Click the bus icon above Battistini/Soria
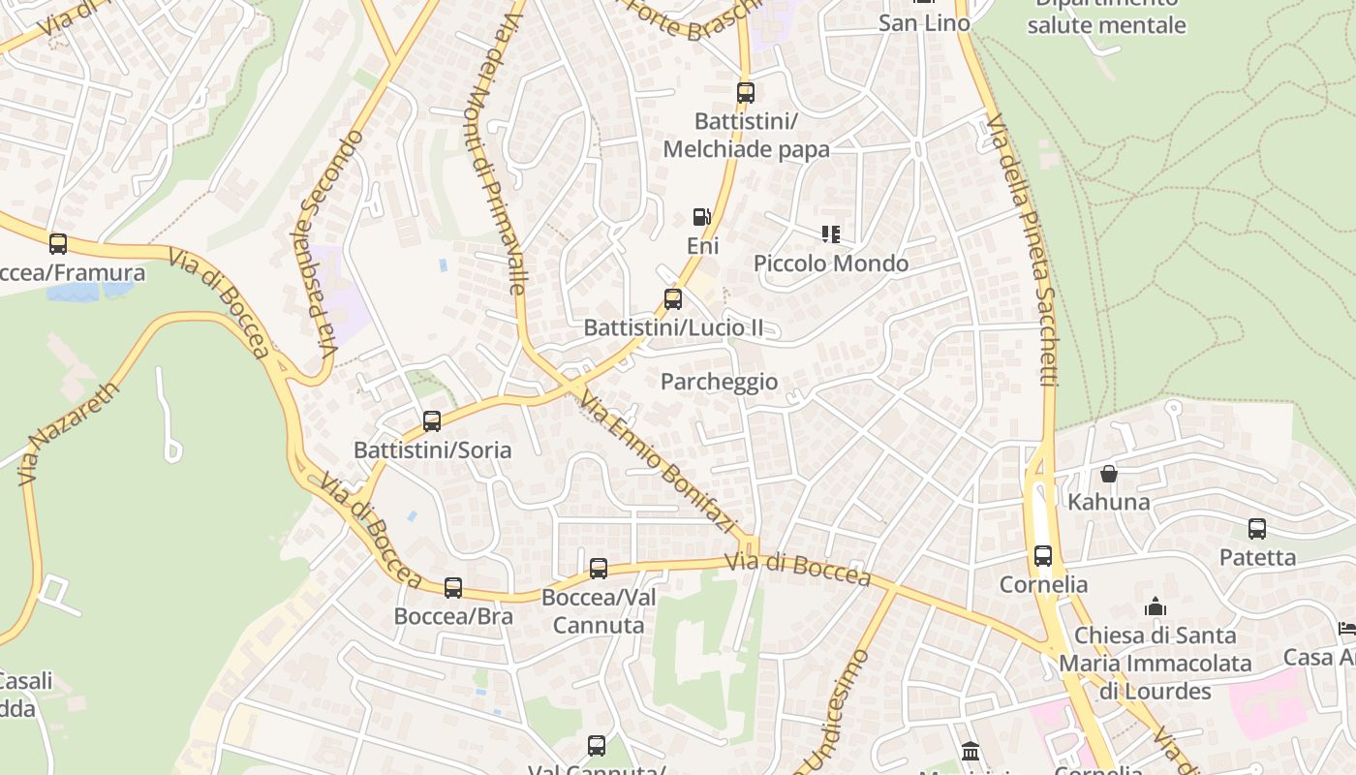click(x=432, y=421)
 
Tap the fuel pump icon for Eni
click(x=701, y=217)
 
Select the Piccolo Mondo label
click(x=831, y=263)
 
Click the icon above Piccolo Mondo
click(x=830, y=234)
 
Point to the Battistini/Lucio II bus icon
click(x=673, y=298)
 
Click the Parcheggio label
click(x=719, y=382)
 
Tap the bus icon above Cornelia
click(x=1043, y=556)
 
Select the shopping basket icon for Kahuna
click(x=1109, y=474)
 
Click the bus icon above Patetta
click(x=1257, y=529)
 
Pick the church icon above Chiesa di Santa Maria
click(x=1155, y=607)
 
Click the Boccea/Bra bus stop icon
click(x=453, y=588)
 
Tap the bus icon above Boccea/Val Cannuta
click(x=599, y=569)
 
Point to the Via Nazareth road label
click(x=68, y=433)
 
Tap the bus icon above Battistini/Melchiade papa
click(x=745, y=93)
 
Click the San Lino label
click(x=924, y=23)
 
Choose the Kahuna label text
click(x=1109, y=502)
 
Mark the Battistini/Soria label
click(x=432, y=450)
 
